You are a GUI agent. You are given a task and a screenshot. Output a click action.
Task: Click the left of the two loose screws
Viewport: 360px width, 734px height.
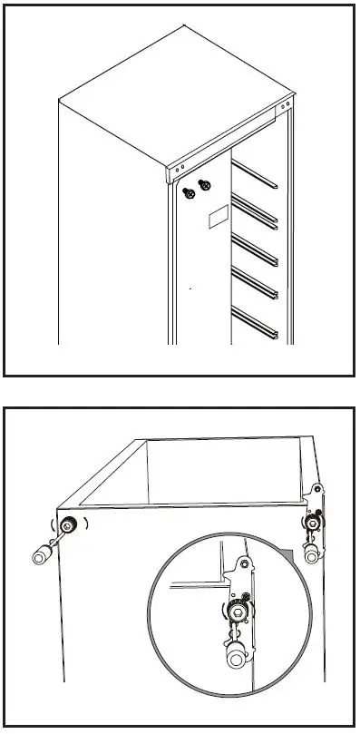tap(190, 191)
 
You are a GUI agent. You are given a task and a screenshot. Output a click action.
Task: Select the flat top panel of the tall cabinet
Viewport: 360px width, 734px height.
tap(172, 86)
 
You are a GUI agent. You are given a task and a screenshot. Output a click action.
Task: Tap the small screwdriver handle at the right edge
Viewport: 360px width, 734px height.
tap(311, 553)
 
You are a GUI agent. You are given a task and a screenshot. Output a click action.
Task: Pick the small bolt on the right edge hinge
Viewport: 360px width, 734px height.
tap(314, 524)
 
